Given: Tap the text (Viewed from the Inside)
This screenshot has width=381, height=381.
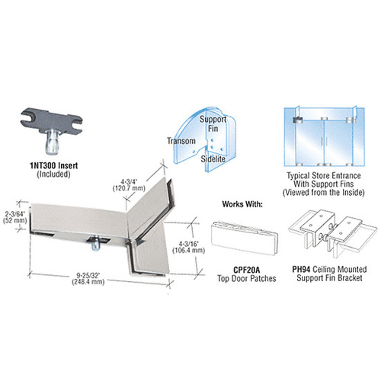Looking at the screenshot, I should [x=326, y=194].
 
